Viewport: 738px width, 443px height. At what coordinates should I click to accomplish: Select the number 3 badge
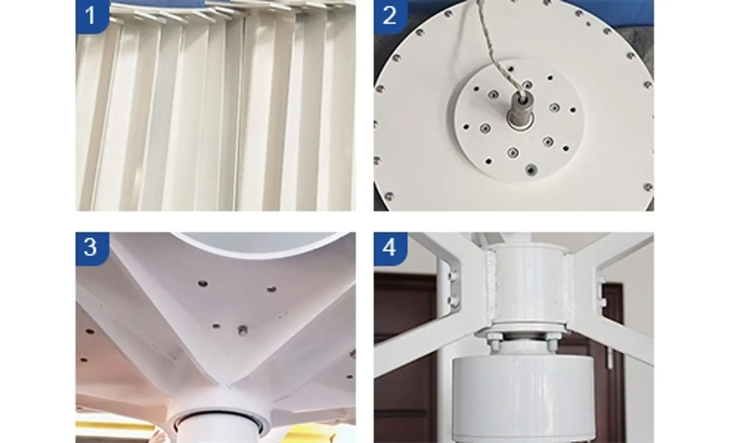pos(92,248)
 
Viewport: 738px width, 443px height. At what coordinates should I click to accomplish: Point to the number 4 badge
pos(390,248)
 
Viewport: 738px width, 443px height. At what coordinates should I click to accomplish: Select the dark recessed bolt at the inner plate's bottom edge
pos(532,169)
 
